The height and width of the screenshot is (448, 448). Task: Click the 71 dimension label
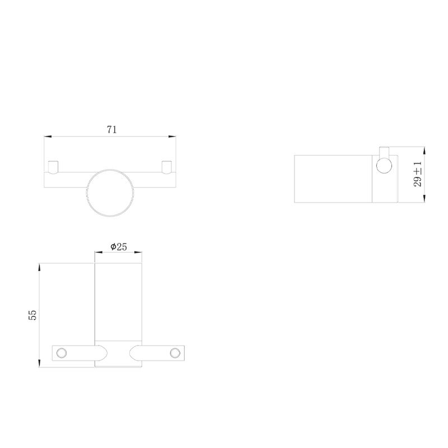(x=111, y=130)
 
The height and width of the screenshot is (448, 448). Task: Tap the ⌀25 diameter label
(x=119, y=246)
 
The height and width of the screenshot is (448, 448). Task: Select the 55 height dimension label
(x=32, y=315)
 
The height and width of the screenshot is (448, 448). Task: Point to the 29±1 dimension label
(x=417, y=174)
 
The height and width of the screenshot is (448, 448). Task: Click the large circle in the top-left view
(x=87, y=192)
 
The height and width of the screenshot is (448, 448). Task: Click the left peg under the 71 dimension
(x=53, y=167)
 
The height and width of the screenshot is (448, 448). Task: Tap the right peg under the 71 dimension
(x=166, y=167)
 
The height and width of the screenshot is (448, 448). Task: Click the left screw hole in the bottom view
(x=62, y=353)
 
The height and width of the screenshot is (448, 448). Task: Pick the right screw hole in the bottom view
(x=175, y=353)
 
